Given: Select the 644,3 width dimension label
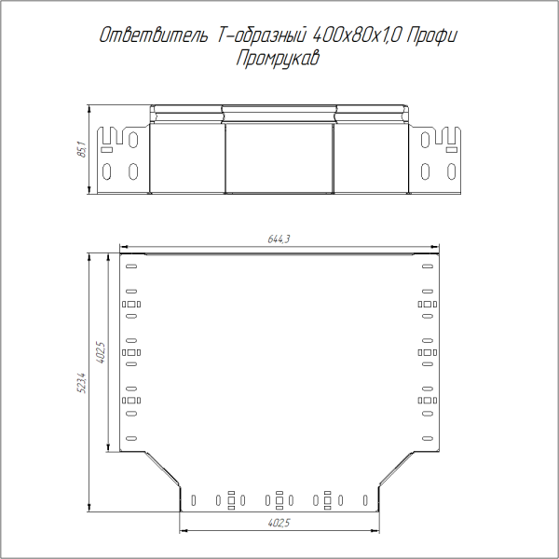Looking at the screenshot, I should [x=279, y=239].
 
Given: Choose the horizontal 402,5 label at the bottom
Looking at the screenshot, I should [x=279, y=524].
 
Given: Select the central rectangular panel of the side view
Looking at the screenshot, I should [x=279, y=158].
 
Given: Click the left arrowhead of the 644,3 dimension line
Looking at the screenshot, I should [x=123, y=251].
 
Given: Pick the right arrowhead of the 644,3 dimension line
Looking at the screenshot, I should [x=436, y=251].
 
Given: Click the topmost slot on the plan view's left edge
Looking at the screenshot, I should [x=130, y=267].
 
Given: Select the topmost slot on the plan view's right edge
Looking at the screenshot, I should [x=429, y=267].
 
